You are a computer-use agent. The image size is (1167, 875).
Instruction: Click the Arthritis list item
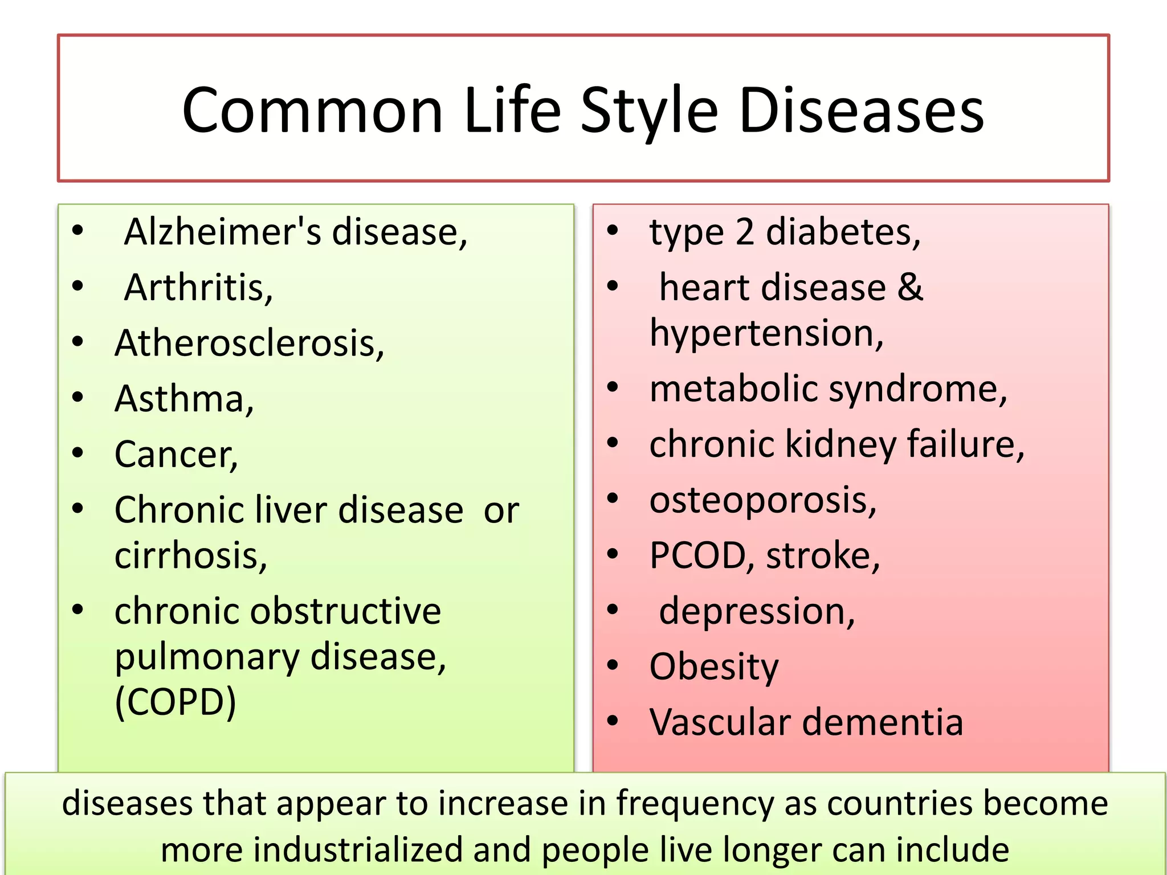click(x=198, y=287)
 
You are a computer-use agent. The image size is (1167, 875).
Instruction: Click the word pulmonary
click(x=207, y=657)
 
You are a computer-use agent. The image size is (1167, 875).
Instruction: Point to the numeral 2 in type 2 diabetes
click(x=745, y=232)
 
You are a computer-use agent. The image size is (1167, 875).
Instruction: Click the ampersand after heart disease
click(x=910, y=287)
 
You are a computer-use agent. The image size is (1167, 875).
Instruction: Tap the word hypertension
click(x=766, y=333)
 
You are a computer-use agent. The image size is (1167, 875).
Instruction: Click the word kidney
click(x=841, y=444)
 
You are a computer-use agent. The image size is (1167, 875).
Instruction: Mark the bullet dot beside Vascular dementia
click(x=613, y=721)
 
